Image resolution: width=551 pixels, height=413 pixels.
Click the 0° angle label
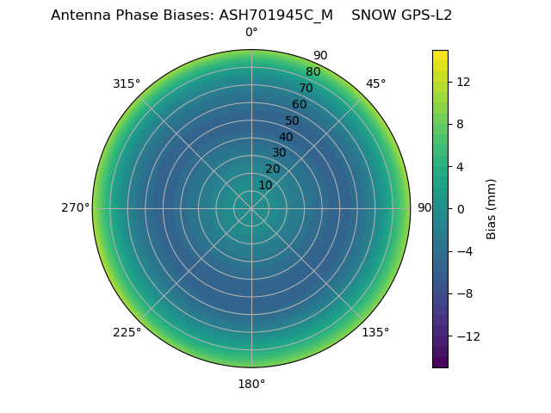(251, 33)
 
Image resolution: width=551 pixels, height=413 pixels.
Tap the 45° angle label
(375, 83)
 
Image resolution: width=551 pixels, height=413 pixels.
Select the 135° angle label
(375, 332)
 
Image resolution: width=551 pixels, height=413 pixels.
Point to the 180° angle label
(251, 384)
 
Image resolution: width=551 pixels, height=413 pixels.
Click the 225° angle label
(127, 332)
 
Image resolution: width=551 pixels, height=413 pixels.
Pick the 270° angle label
(75, 207)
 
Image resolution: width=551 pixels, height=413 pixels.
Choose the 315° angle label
(127, 83)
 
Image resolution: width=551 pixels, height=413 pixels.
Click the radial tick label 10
(265, 185)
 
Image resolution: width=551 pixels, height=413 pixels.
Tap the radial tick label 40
(286, 137)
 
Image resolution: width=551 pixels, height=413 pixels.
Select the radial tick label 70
(306, 88)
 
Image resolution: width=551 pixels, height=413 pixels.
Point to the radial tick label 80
(313, 72)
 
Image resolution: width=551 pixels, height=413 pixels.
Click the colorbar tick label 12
(462, 82)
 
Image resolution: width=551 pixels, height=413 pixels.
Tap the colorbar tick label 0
(460, 208)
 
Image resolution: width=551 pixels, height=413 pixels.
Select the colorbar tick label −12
(467, 336)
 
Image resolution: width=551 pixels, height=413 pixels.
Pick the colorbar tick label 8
(460, 124)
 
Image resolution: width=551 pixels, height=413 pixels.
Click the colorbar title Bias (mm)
(492, 208)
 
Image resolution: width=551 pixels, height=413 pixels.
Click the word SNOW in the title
(375, 15)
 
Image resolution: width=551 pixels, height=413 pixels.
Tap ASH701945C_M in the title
(275, 15)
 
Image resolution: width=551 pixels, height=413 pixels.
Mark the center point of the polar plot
(251, 208)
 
